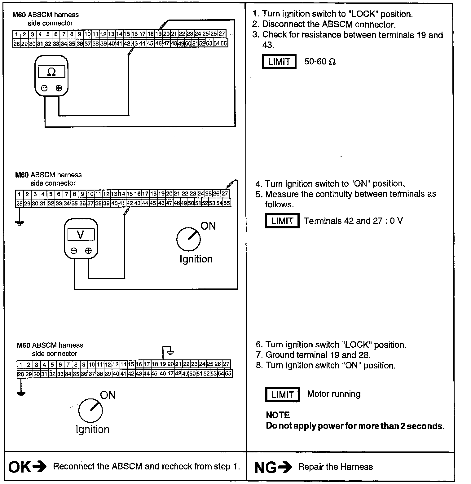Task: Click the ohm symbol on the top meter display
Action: coord(51,72)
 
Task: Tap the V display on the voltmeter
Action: coord(81,235)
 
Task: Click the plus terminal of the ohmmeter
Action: coord(59,88)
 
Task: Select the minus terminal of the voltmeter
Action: coord(74,251)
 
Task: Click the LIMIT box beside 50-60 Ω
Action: coord(279,61)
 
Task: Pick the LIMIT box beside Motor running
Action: coord(282,395)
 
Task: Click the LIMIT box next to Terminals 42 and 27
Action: coord(282,221)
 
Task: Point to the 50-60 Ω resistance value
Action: coord(320,61)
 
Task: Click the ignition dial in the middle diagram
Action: coord(188,240)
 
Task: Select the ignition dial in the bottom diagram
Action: coord(90,410)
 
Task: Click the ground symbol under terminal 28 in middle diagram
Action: coord(20,222)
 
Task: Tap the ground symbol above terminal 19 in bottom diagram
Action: coord(170,352)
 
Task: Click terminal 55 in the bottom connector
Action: coord(228,374)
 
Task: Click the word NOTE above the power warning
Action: coord(278,415)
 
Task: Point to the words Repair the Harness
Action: coord(335,467)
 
